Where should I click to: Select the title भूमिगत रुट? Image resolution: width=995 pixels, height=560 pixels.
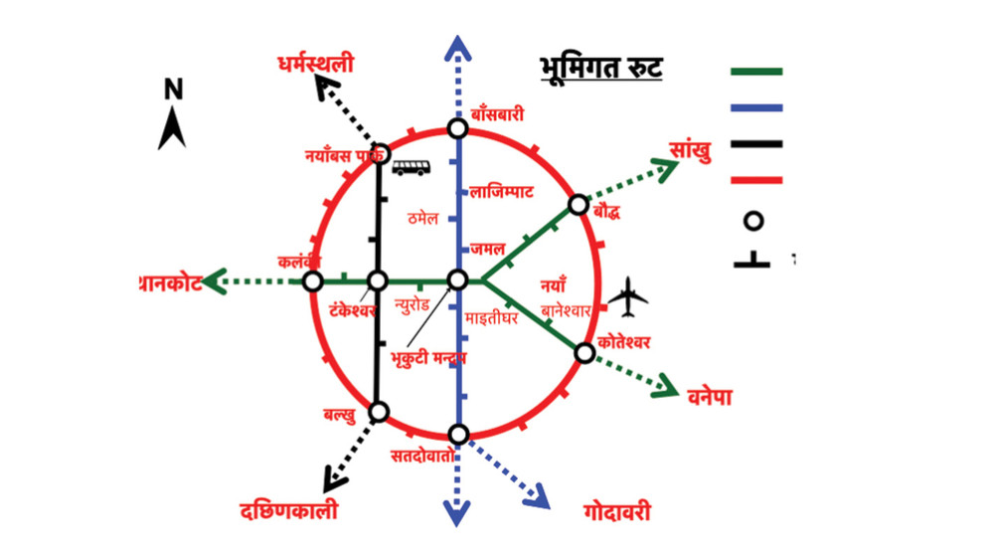point(601,70)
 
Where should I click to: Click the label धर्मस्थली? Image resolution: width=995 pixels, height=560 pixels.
point(316,66)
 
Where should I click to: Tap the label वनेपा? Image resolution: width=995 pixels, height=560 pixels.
point(709,395)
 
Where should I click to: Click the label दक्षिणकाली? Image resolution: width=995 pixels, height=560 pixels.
point(289,511)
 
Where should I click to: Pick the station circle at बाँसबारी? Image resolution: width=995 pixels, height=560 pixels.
point(457,128)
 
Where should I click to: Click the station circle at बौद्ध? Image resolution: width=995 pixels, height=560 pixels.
point(579,205)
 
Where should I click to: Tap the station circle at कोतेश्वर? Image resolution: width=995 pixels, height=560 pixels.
point(584,353)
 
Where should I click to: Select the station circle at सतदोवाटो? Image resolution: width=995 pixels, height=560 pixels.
point(458,435)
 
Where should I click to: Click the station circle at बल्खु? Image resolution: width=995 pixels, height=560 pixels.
point(379,412)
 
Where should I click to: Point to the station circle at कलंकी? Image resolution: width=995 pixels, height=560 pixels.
point(313,281)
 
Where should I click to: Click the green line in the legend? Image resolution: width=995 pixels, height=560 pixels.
point(756,72)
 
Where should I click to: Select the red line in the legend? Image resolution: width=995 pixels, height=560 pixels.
point(756,180)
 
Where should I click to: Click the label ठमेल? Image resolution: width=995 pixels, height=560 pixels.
point(423,218)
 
